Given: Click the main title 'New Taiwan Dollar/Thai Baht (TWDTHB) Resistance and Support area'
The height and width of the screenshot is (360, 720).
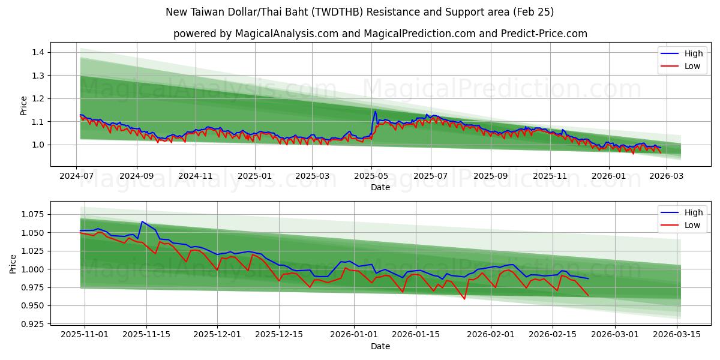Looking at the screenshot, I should [359, 12].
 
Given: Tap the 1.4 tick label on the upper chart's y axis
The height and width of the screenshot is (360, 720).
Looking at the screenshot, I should [38, 53].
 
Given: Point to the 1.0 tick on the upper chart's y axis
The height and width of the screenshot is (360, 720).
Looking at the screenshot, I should [38, 145].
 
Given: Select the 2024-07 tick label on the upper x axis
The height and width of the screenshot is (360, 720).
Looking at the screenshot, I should [76, 176].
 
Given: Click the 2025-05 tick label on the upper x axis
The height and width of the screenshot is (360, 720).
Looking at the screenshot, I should [371, 176].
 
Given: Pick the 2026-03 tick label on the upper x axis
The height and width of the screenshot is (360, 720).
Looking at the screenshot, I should [666, 176].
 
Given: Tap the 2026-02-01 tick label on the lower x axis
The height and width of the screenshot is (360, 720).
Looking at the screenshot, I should [491, 335].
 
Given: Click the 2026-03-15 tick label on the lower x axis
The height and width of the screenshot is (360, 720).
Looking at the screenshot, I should [677, 335].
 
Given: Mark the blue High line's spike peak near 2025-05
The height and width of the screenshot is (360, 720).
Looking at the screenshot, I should [376, 111].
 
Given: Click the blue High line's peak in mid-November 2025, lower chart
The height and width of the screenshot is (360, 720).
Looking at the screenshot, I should [142, 221].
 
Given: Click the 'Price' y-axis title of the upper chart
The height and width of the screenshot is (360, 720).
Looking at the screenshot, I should [24, 105].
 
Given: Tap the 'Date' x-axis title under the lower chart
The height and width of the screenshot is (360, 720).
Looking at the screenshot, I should [380, 346].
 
